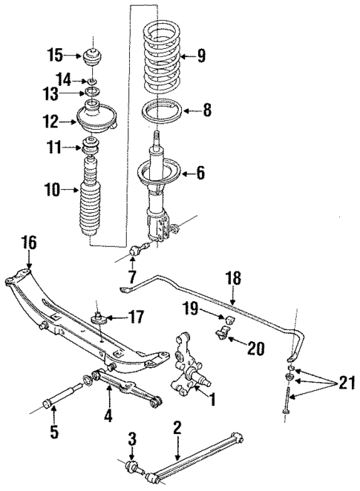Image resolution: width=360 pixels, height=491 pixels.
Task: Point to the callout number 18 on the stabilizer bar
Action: (x=233, y=278)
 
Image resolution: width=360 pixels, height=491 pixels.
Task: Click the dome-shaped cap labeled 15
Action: (x=94, y=56)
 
